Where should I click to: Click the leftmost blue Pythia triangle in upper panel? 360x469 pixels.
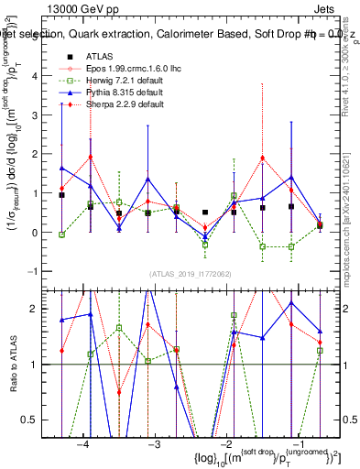click(61, 168)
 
